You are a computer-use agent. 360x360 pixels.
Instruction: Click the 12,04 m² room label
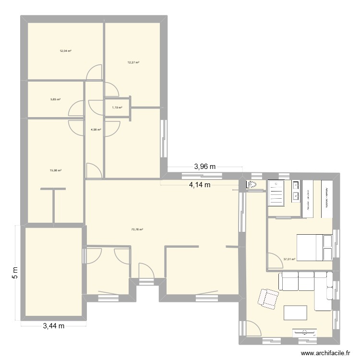point(65,50)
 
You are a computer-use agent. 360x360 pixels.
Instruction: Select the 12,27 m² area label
point(133,62)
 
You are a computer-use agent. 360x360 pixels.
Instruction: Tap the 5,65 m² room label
point(56,99)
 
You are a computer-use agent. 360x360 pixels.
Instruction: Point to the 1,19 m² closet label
point(117,108)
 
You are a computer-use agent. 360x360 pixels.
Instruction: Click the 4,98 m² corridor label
point(96,129)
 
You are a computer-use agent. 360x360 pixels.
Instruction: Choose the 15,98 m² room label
point(56,170)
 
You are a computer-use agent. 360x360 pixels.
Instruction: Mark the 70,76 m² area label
point(137,229)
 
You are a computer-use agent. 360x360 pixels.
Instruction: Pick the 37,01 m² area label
point(289,259)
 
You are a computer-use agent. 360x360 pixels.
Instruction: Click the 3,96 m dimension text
point(205,167)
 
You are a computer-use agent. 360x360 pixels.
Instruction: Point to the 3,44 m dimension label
point(53,327)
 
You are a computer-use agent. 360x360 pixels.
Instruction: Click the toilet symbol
point(253,185)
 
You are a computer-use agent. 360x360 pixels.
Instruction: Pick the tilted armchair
point(268,298)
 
